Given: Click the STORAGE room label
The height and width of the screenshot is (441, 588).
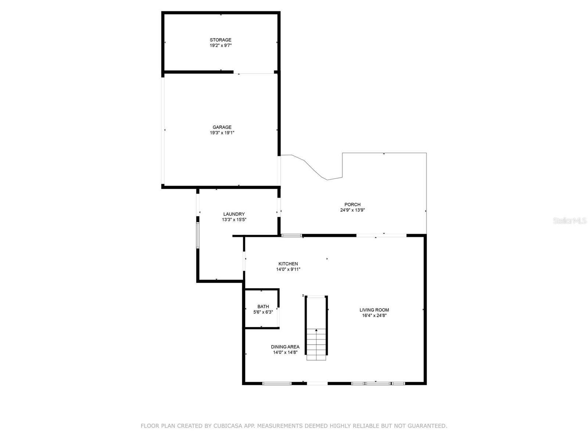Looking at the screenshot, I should (220, 40).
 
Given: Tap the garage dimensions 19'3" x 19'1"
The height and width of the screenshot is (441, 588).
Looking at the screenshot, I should (222, 133).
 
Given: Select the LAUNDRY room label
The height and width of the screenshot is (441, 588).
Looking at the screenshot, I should (234, 214).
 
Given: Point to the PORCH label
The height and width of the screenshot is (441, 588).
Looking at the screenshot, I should (352, 205).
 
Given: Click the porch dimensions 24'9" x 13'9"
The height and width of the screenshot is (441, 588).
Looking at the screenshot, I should (352, 210).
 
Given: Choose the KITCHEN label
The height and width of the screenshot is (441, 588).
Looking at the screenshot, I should (288, 264).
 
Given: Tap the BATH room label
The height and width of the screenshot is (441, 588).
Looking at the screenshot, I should (263, 306).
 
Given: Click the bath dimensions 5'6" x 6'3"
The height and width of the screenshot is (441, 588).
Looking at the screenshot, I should (263, 312).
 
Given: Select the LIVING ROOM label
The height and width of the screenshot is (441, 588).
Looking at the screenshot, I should (374, 310).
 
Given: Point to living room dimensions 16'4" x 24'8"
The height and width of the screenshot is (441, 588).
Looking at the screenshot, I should (374, 315).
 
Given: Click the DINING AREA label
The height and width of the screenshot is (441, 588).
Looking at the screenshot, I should (285, 347).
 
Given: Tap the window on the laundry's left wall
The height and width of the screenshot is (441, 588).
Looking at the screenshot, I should (198, 235).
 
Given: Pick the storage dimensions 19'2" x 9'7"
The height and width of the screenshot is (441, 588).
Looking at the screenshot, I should (220, 45).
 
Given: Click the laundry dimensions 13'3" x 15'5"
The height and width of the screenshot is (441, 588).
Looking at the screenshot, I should (234, 220).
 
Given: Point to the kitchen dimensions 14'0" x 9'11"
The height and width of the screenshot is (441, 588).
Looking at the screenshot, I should (288, 269).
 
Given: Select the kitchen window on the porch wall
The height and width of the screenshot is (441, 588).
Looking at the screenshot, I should (291, 235).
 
